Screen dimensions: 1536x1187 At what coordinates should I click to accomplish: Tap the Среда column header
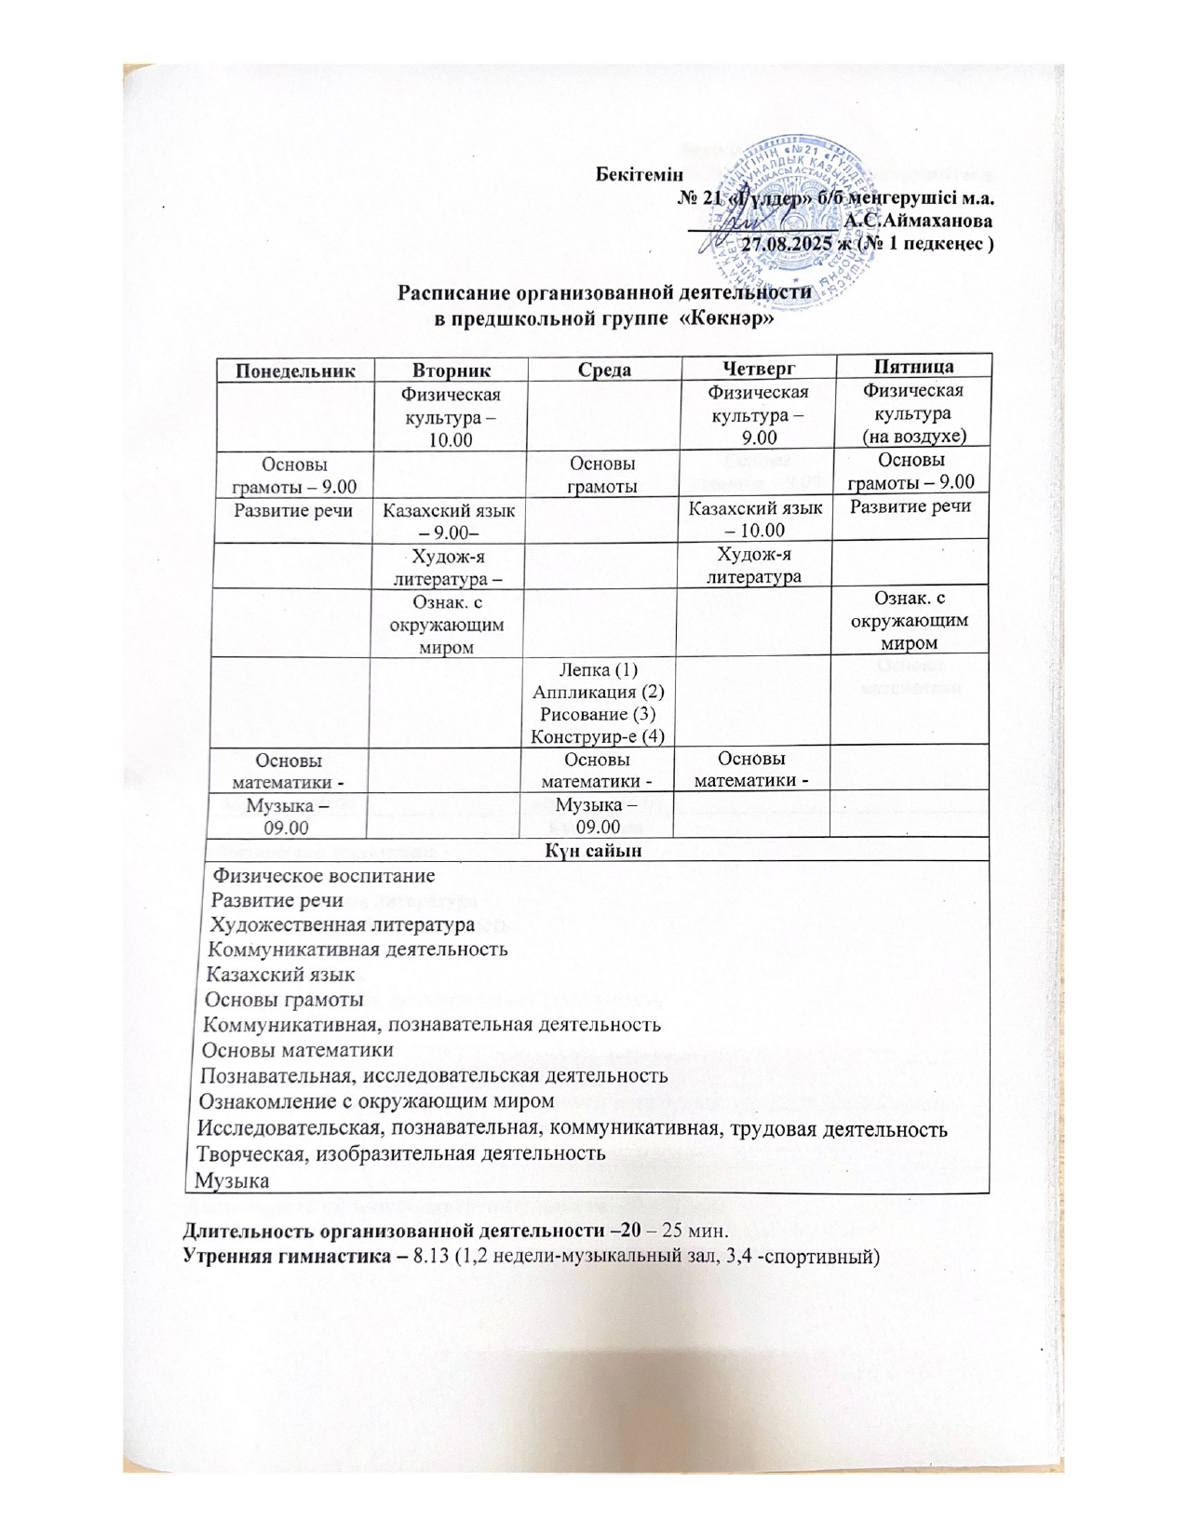coord(604,370)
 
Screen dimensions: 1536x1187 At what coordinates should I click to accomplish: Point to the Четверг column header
coord(758,369)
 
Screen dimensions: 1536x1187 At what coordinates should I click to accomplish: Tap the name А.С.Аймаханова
coord(916,222)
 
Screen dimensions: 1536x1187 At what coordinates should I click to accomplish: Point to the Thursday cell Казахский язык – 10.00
coord(758,519)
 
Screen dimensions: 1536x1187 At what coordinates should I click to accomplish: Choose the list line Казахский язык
coord(280,975)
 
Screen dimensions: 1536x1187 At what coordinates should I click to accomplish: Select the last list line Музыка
coord(233,1181)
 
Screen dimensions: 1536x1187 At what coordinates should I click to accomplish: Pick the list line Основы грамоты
coord(283,1000)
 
